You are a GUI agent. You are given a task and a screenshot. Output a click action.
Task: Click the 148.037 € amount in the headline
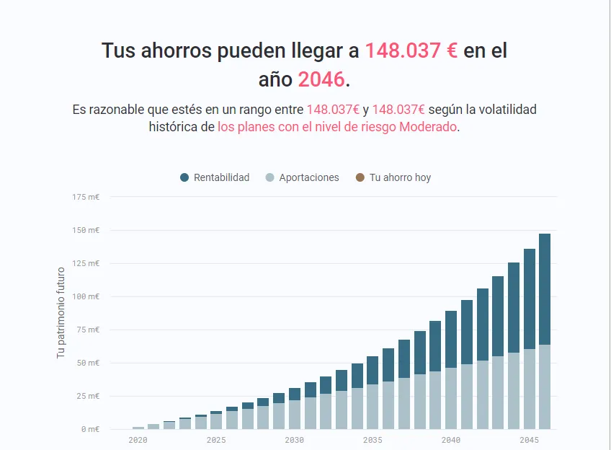point(411,51)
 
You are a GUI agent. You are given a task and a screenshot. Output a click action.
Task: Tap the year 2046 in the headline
point(321,79)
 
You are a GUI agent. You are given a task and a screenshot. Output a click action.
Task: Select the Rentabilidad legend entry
point(221,177)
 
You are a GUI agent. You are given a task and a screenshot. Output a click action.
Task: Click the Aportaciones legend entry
point(308,177)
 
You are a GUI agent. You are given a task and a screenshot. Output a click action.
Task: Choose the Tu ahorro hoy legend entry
point(400,177)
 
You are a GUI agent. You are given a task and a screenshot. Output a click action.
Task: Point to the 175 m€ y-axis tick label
point(86,197)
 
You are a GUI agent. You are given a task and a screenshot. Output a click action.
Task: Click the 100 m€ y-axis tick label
point(86,296)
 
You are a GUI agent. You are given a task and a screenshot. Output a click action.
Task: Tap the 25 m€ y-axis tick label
point(88,396)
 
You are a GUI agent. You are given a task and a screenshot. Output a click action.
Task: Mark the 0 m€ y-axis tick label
point(90,429)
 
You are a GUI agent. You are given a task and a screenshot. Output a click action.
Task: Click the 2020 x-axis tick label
point(138,439)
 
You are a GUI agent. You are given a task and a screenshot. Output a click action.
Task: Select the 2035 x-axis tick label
point(373,439)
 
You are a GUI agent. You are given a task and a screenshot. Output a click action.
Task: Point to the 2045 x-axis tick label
point(530,439)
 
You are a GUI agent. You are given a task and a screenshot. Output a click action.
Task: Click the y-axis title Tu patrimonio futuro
point(61,313)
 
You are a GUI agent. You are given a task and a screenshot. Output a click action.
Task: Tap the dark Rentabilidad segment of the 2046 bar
point(545,288)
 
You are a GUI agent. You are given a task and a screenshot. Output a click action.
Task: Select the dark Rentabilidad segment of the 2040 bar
point(451,339)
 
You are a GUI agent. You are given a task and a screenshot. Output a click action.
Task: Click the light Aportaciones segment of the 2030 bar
point(295,415)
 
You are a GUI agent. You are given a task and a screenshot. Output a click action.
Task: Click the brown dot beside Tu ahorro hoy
point(360,177)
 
